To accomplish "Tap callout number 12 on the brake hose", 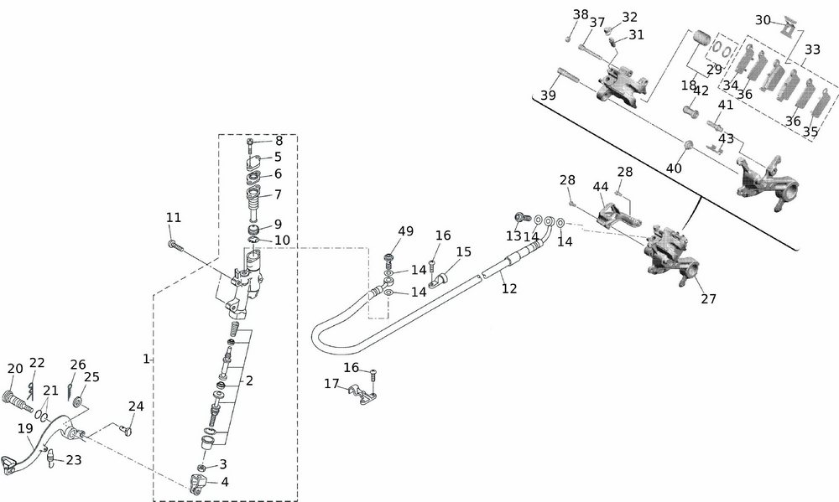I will tap(509, 288).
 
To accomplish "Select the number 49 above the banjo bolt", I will tap(406, 232).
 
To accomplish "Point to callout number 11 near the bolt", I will tap(173, 218).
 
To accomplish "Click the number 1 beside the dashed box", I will tap(146, 359).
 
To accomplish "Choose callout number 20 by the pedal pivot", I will tap(15, 369).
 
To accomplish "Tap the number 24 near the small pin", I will tap(136, 406).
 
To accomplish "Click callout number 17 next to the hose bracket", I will tap(332, 384).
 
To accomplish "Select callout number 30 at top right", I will tap(763, 20).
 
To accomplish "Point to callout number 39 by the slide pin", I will tap(548, 96).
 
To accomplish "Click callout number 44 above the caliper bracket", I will tap(601, 186).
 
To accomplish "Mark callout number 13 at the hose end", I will tap(513, 236).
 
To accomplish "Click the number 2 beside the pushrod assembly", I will tap(249, 380).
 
